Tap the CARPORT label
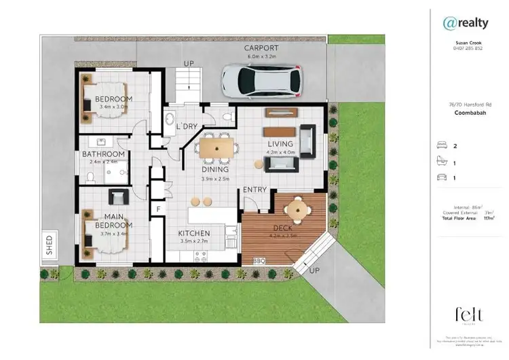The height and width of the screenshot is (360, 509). click(261, 48)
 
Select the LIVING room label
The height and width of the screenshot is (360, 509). click(280, 144)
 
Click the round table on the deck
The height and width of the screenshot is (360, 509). click(296, 209)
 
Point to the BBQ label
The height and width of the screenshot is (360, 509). click(258, 260)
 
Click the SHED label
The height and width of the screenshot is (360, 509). click(49, 245)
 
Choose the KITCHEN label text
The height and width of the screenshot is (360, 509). click(193, 233)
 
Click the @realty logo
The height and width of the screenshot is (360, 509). click(465, 23)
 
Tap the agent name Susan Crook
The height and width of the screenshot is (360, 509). click(465, 41)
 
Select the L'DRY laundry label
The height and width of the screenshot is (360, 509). click(187, 127)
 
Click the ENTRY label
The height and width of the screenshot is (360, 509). click(255, 190)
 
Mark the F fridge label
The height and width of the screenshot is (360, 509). click(158, 209)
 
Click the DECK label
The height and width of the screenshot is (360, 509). click(282, 228)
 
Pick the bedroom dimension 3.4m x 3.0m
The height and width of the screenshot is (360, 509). click(113, 107)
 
